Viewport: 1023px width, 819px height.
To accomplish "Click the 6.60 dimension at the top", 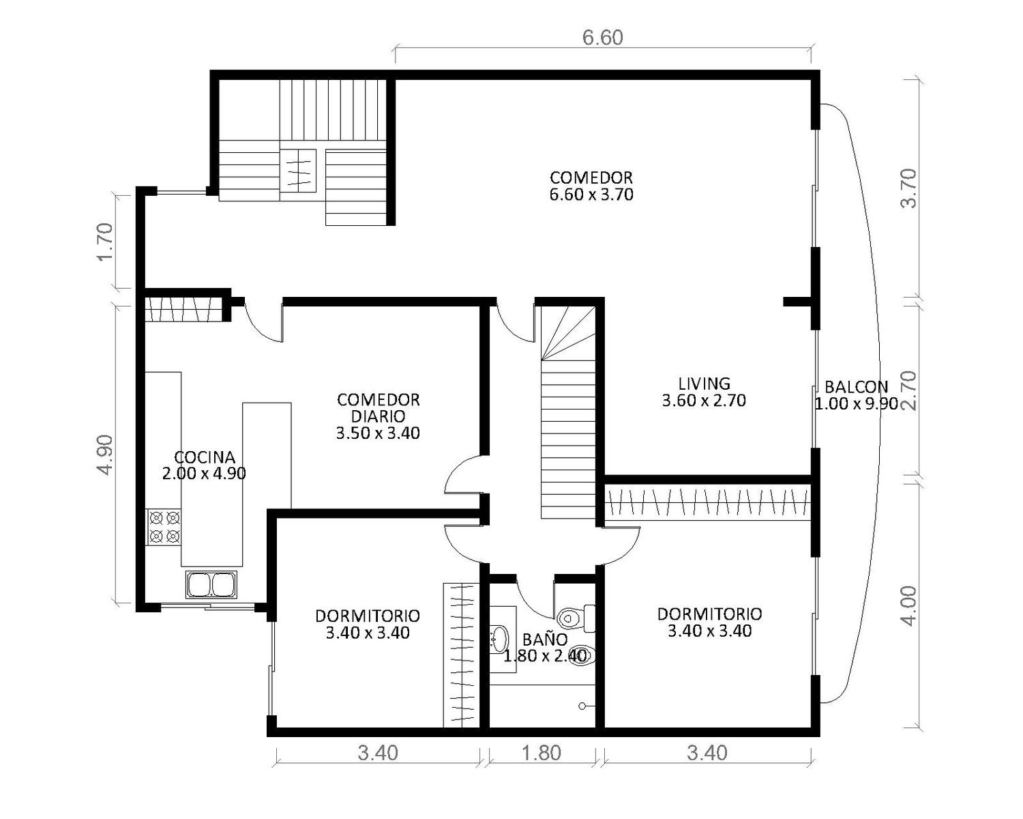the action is [x=602, y=38].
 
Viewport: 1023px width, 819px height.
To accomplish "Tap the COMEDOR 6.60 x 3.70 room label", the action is [x=591, y=186].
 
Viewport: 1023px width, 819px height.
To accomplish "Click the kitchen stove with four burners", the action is [x=164, y=528].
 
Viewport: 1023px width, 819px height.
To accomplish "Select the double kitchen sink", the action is [x=211, y=584].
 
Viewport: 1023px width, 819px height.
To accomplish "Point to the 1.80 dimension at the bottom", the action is [x=542, y=753].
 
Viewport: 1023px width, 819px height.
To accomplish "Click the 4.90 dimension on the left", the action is [x=105, y=455].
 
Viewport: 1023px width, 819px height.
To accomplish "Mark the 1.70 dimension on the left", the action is [x=105, y=242].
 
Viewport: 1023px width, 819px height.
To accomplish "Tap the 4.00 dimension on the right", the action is [x=908, y=606].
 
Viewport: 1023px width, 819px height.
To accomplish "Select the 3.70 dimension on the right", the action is [x=908, y=188].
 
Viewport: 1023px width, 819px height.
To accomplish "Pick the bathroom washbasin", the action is [x=499, y=639].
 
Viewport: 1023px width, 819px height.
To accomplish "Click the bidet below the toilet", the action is [x=581, y=656].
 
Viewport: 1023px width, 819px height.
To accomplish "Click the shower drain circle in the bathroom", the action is [x=583, y=706].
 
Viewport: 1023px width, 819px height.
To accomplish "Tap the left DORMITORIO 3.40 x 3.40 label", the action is [x=368, y=624].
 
